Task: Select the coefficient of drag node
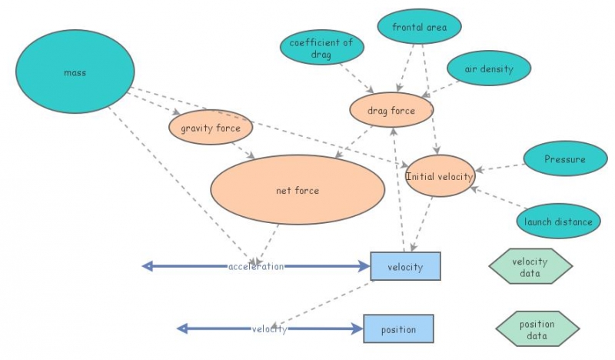pos(321,48)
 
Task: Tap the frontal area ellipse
pos(419,28)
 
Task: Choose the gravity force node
pos(211,128)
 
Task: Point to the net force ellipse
pos(297,190)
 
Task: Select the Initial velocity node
pos(440,176)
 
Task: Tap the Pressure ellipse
pos(565,160)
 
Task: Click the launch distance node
pos(558,222)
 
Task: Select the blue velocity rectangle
pos(405,266)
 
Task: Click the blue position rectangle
pos(398,329)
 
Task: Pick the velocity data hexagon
pos(530,266)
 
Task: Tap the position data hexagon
pos(537,329)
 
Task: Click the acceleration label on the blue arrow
pos(256,266)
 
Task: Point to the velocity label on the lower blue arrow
pos(269,329)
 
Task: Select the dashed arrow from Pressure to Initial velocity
pos(500,166)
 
